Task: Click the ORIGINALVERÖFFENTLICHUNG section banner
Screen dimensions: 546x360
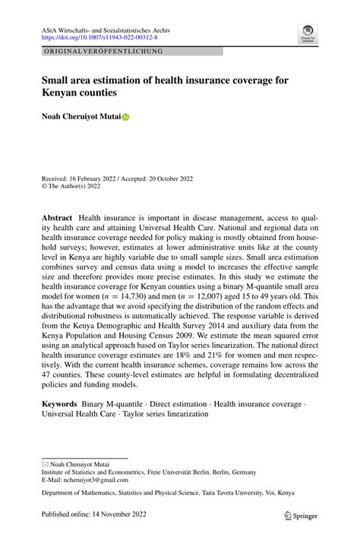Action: coord(103,51)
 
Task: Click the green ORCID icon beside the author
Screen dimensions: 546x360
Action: coord(125,118)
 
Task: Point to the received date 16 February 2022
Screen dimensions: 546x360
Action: coord(90,178)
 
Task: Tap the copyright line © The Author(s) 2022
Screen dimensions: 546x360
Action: coord(74,187)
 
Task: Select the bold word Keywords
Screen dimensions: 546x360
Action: coord(59,403)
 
